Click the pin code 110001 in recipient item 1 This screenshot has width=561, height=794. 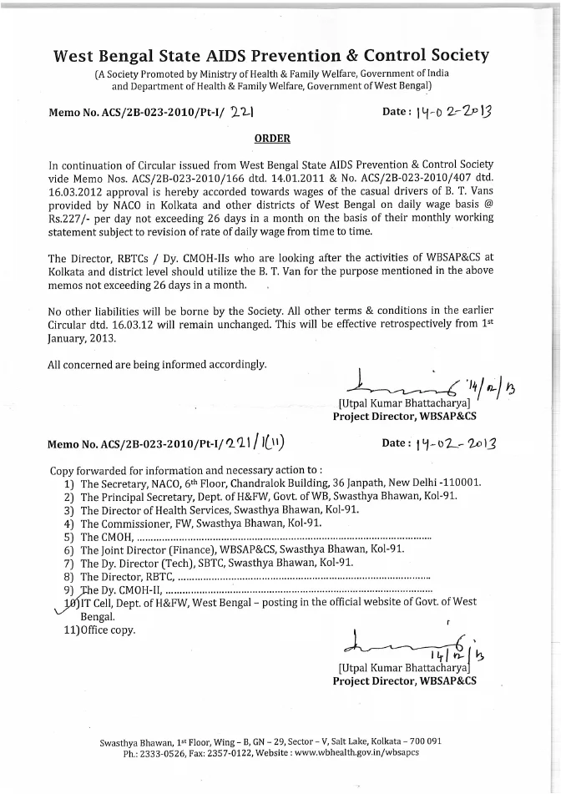click(462, 483)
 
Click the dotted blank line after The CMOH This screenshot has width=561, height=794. click(284, 537)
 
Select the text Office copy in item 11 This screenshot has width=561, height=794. click(106, 630)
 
